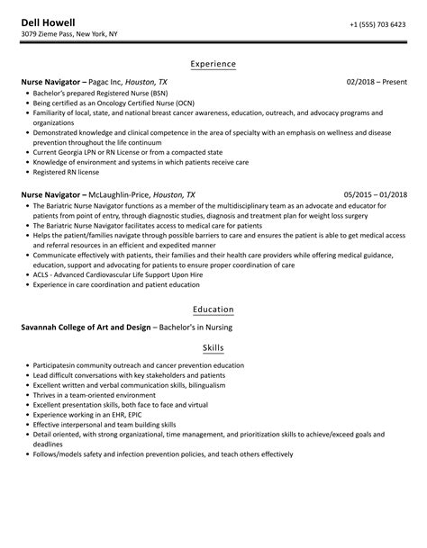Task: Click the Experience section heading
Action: (x=213, y=64)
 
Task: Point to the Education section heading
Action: (x=213, y=310)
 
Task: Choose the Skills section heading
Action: (x=213, y=347)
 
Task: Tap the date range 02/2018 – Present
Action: (x=376, y=82)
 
